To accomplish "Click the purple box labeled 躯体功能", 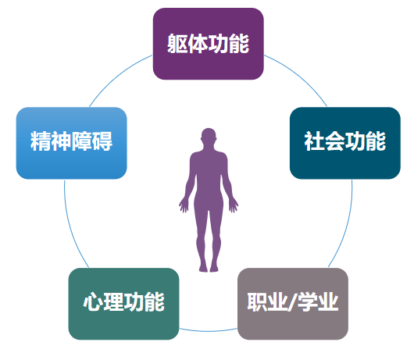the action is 209,44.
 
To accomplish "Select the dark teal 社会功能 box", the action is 345,143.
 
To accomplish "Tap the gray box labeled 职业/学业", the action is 293,304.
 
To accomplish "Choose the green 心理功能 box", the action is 124,304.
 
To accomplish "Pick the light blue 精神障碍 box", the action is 72,143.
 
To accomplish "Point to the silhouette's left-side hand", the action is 184,206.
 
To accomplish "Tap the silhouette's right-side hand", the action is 234,206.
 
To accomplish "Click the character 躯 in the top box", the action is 177,44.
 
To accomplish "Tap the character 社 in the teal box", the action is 314,141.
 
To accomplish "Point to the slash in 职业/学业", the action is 292,302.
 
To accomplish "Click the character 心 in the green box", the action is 93,302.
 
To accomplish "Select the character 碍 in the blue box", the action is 102,141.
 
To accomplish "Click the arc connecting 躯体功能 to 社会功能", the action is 299,76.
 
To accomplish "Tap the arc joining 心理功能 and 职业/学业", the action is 209,331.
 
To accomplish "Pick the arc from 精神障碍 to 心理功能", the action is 72,225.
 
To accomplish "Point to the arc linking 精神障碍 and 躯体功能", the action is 117,76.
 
